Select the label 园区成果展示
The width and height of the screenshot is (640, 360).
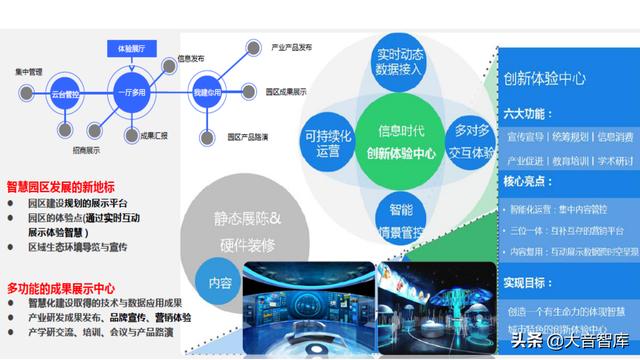point(287,92)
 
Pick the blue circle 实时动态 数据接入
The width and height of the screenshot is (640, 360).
point(398,60)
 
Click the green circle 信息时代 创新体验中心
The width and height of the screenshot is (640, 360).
point(400,141)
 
